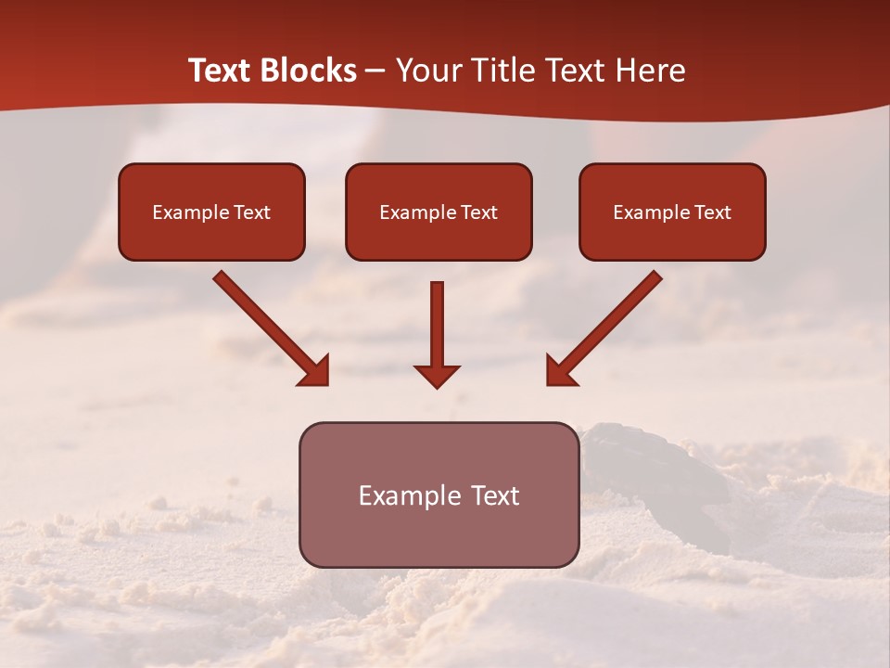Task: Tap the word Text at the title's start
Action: point(222,71)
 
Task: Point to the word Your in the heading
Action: point(428,71)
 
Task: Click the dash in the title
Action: point(375,71)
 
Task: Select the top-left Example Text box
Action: point(211,212)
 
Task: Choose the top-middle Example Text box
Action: point(439,212)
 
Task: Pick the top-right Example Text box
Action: point(672,212)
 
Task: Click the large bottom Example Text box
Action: point(439,495)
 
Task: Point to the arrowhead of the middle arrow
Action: point(437,376)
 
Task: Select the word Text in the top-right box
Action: point(712,212)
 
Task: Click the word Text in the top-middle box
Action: point(478,212)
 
